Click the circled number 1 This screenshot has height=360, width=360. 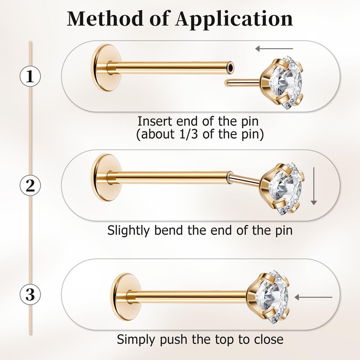coord(30,76)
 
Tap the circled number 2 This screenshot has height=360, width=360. coord(30,185)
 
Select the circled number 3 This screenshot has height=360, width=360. coord(30,294)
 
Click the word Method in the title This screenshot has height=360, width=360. coord(105,18)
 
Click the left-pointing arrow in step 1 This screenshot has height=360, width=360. coord(274,49)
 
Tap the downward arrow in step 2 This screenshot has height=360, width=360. coord(314,186)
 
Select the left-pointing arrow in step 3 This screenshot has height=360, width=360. coord(313,297)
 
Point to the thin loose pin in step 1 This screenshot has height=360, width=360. coord(243,82)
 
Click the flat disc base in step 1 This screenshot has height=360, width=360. coord(103,68)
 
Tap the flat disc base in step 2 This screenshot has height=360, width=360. coord(103,177)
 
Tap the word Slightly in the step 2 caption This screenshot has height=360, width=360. coord(128,230)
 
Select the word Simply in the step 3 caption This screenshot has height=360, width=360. coord(137,340)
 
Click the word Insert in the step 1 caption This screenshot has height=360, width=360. coord(155,121)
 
